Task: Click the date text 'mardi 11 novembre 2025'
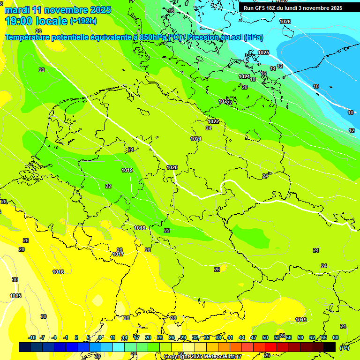pos(58,10)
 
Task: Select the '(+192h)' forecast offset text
pos(83,21)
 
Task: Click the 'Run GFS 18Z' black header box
pos(293,8)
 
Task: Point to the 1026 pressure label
pos(285,22)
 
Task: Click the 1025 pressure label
pos(263,52)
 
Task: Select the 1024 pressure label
pos(244,76)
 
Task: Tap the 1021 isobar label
pos(196,139)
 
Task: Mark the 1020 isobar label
pos(172,167)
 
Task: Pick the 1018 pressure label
pos(140,228)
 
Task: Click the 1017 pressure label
pos(118,254)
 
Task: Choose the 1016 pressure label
pos(58,272)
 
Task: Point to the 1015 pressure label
pos(15,296)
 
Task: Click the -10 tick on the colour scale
pos(32,337)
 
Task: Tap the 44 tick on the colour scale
pos(241,337)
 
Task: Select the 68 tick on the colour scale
pos(335,337)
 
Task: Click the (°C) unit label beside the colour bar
pos(345,348)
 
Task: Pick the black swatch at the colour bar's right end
pos(330,347)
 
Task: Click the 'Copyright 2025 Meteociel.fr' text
pos(200,357)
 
